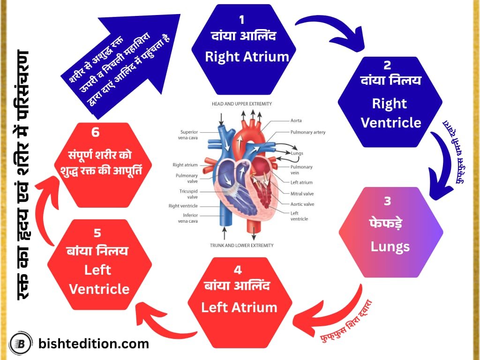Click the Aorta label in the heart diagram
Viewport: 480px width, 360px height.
pos(296,120)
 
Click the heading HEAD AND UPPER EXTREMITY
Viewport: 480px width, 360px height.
pos(241,104)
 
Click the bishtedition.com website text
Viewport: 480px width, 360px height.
pos(93,344)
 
